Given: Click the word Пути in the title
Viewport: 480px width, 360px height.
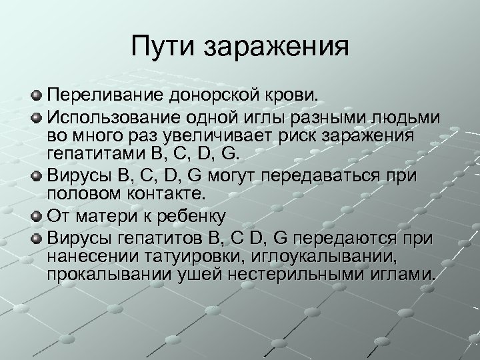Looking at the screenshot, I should pyautogui.click(x=161, y=47).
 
